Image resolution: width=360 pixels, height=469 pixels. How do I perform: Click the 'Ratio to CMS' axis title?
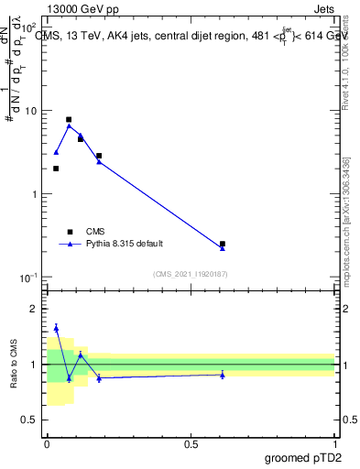coord(14,364)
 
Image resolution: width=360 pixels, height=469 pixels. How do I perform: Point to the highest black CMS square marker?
coord(69,120)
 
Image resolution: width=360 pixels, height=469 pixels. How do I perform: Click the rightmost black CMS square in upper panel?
coord(223,244)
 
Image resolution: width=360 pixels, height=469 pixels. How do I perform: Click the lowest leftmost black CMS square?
coord(56,169)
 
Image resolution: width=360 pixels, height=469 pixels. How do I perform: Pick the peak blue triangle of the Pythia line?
coord(69,125)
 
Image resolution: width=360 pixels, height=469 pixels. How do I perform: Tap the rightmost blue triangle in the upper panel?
coord(223,248)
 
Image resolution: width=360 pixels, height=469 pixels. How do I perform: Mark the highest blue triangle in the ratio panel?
coord(56,328)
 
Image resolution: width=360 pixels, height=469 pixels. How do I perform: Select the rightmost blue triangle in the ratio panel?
coord(223,375)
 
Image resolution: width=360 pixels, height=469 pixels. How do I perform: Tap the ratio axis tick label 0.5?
coord(31,420)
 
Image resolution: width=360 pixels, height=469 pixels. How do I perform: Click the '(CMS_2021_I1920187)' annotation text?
coord(191,273)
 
